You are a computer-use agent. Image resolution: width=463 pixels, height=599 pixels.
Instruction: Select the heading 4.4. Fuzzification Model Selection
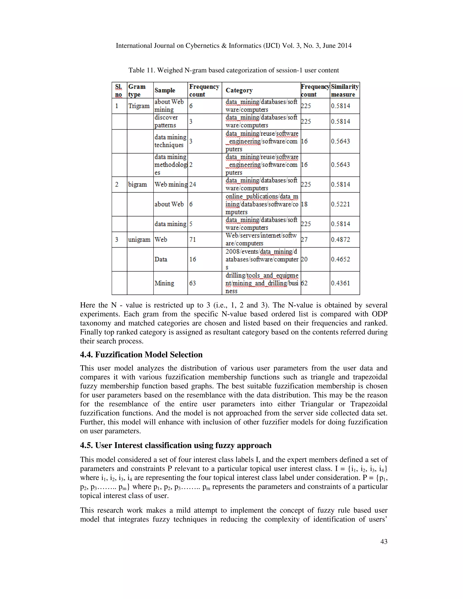click(141, 355)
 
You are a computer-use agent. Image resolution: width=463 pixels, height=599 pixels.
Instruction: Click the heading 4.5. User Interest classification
click(175, 445)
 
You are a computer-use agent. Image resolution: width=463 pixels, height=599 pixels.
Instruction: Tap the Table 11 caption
click(233, 70)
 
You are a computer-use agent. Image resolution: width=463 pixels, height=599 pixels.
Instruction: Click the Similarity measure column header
click(345, 90)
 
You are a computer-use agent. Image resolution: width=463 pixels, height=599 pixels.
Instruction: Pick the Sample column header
click(165, 90)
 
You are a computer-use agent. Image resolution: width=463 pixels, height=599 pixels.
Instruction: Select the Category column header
click(239, 90)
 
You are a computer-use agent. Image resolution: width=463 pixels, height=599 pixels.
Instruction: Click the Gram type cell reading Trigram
click(139, 106)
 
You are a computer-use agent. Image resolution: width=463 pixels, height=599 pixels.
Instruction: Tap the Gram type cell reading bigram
click(137, 184)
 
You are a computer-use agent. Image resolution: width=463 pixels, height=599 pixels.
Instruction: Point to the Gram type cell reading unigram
click(139, 239)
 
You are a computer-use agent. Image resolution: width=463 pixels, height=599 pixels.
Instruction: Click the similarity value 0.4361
click(340, 283)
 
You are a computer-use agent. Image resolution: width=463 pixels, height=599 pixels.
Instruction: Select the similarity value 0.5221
click(340, 204)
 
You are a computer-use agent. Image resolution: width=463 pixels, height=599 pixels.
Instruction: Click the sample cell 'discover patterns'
click(166, 121)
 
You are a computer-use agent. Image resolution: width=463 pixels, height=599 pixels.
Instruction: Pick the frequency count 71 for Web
click(193, 239)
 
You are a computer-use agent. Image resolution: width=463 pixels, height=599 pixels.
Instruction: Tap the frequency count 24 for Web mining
click(193, 184)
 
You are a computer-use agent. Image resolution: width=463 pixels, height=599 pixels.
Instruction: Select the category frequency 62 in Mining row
click(304, 283)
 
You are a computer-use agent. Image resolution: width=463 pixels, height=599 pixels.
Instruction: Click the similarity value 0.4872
click(340, 239)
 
